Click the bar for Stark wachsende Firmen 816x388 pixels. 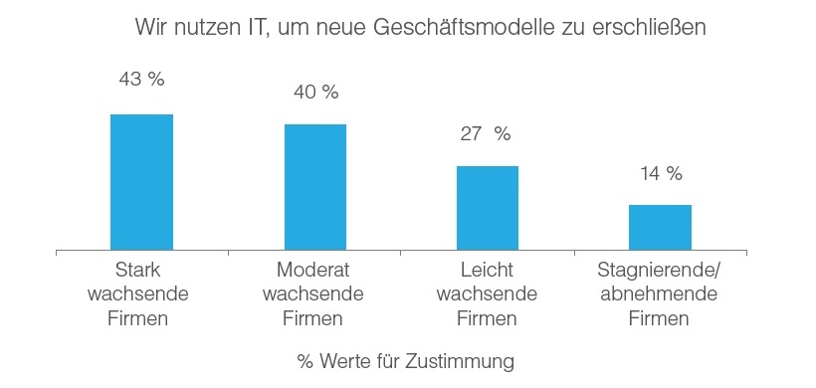[x=141, y=182]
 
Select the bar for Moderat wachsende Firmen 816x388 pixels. [x=315, y=187]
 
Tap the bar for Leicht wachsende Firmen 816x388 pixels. [x=488, y=208]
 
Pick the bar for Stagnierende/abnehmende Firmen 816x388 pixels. [x=660, y=227]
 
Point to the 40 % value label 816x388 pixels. [x=315, y=93]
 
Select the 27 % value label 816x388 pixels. [x=485, y=134]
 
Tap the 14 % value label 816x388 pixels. [x=661, y=174]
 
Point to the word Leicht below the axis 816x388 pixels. [x=487, y=271]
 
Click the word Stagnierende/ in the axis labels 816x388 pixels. [x=658, y=271]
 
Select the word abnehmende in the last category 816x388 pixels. [x=658, y=294]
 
